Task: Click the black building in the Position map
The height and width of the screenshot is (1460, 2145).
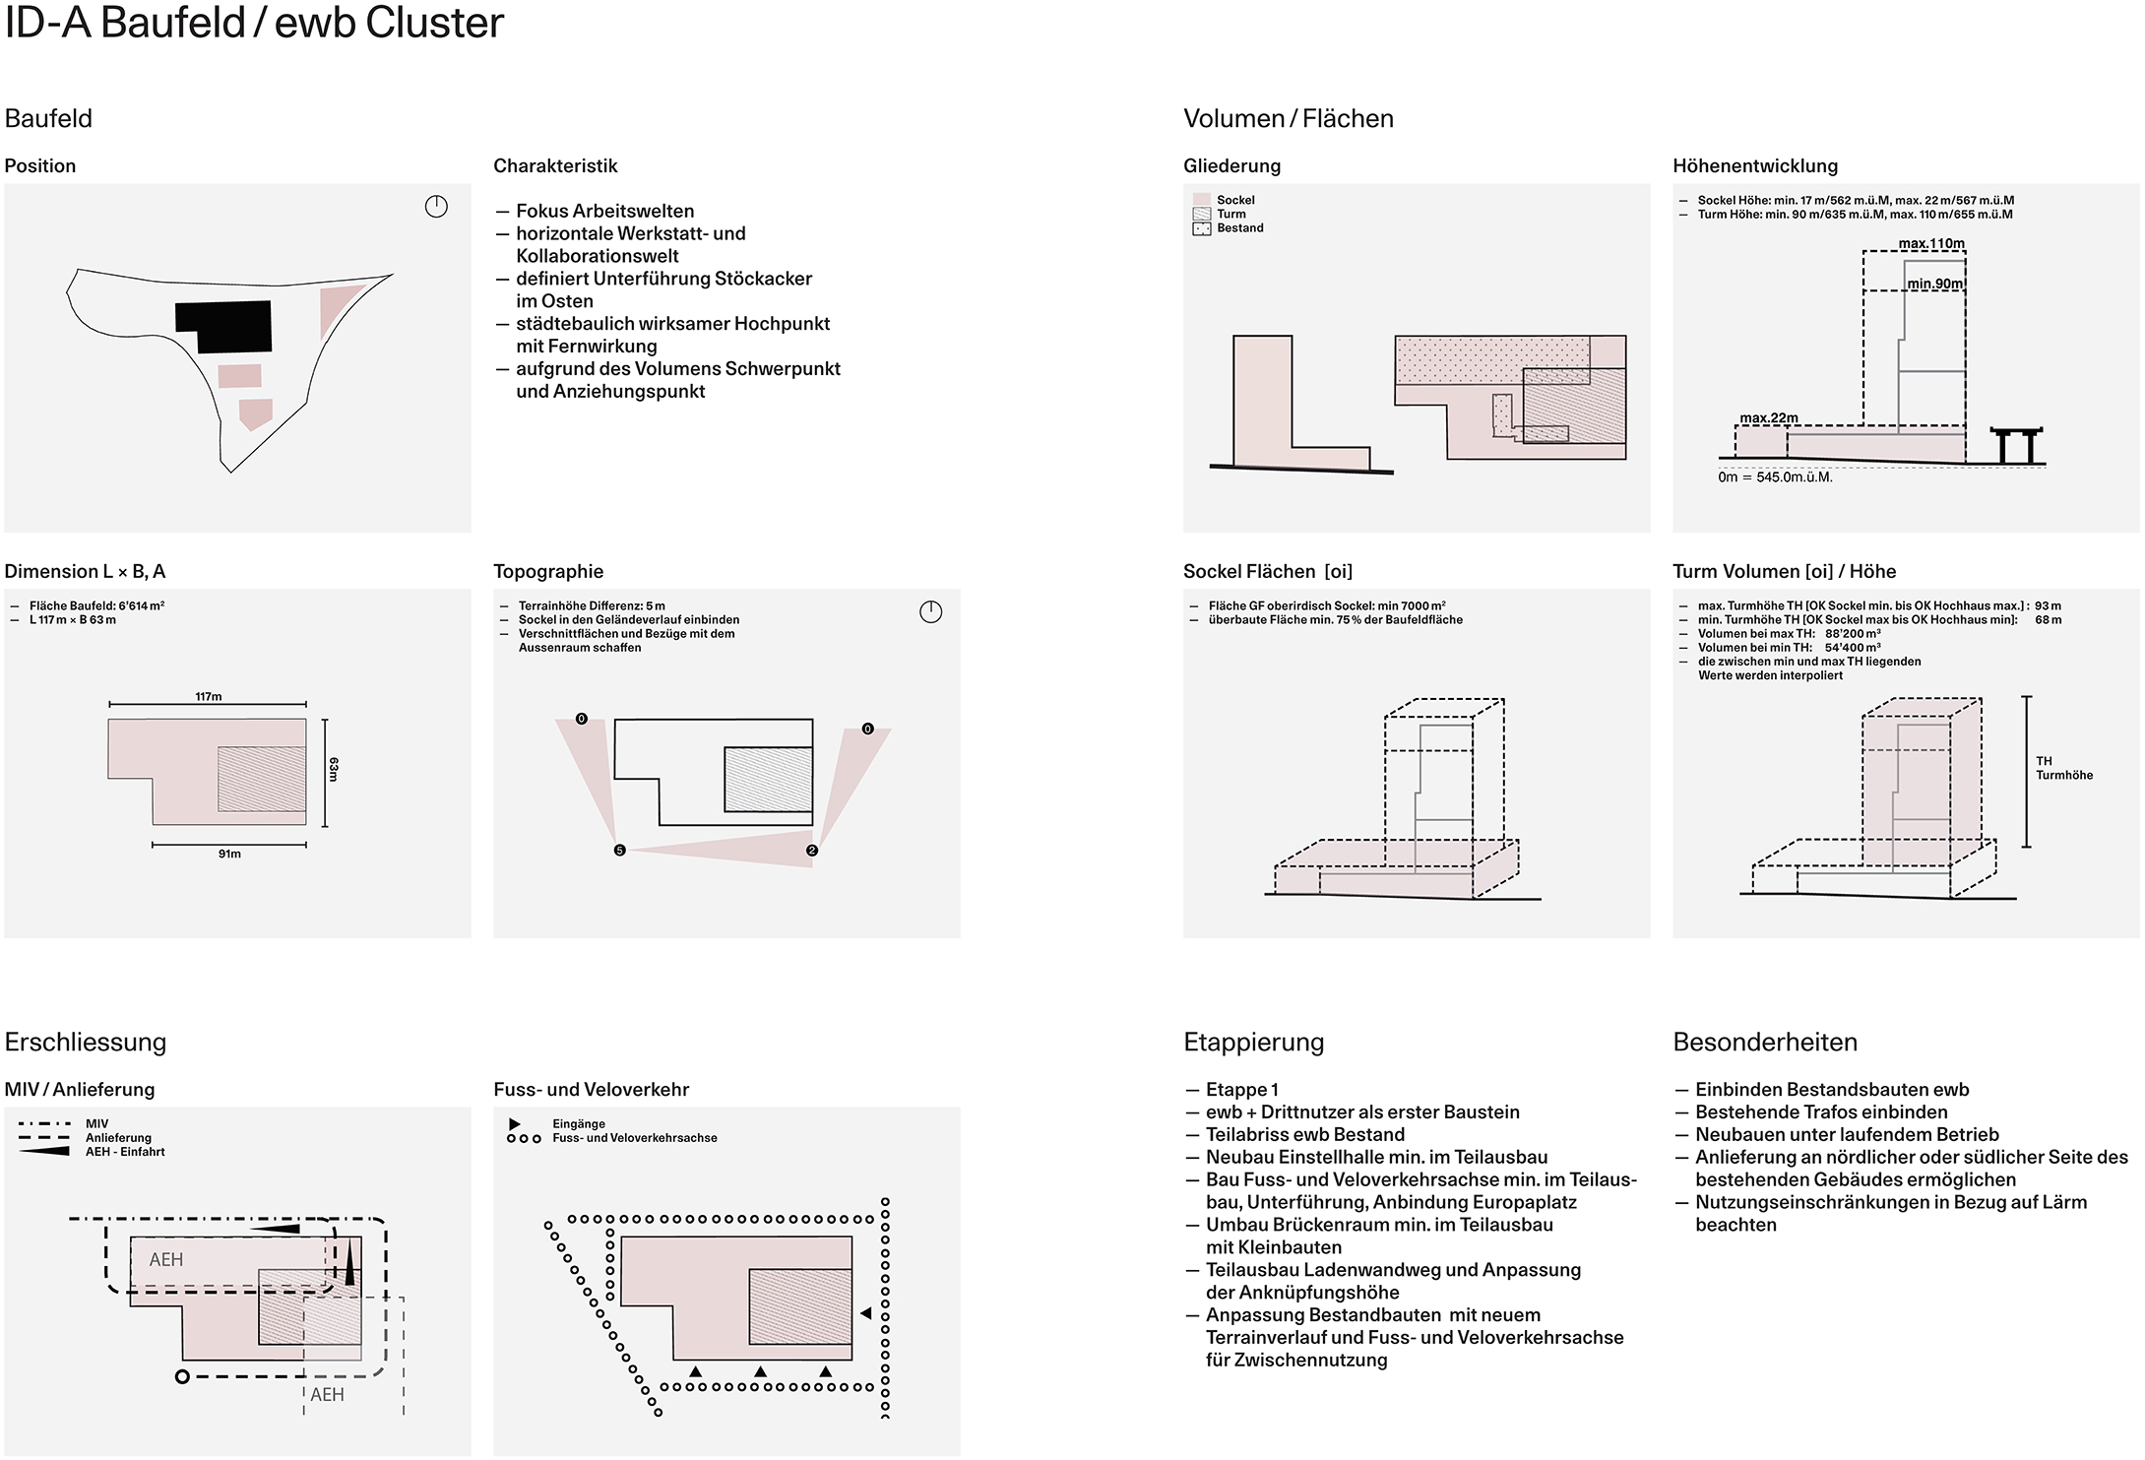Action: (223, 326)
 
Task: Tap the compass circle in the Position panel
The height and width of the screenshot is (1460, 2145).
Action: (436, 207)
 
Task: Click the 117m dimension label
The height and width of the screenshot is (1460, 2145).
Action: (209, 697)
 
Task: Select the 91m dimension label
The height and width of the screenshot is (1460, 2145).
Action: (229, 854)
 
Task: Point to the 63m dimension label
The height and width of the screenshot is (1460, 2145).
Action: (334, 769)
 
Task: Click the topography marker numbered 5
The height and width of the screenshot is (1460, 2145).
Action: (619, 851)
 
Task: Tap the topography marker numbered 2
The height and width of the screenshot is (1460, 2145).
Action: (812, 851)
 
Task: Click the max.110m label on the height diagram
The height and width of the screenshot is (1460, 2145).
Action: (1931, 243)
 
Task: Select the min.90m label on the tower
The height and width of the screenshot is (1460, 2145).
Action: (1935, 284)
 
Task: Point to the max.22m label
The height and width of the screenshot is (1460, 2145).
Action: (1769, 418)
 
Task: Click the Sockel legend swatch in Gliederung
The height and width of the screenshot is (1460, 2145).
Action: (1201, 200)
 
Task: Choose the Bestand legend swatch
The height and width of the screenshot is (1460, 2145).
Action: (1201, 228)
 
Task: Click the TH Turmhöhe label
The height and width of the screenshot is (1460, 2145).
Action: (2064, 768)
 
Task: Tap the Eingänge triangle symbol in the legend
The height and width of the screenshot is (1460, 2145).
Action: (515, 1123)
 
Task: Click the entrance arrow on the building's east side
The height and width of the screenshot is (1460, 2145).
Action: (866, 1313)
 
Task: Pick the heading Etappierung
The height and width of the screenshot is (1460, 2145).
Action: (1253, 1043)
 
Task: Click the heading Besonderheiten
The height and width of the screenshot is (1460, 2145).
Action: (1765, 1043)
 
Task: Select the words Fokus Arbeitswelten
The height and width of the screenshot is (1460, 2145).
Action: (604, 211)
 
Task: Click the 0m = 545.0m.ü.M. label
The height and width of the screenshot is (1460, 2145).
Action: (1775, 477)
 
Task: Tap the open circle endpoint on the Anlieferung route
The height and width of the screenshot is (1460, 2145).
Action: (182, 1376)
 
